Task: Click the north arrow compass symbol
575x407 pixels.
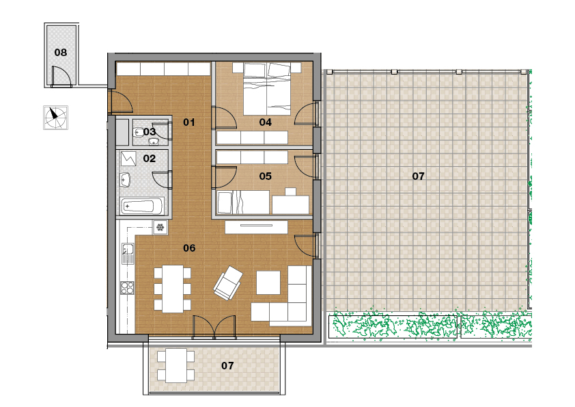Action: [55, 118]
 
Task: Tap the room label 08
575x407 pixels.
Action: [61, 53]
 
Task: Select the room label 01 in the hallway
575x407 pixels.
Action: [189, 122]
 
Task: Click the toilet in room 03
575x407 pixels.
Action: [139, 131]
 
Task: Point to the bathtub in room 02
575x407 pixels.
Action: [142, 206]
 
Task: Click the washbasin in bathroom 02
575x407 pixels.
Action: [125, 180]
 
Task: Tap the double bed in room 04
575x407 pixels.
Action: [267, 89]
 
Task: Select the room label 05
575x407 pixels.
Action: [265, 176]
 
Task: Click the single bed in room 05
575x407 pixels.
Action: [243, 202]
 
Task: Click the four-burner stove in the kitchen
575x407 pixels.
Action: [127, 287]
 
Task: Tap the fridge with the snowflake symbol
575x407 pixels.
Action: [160, 227]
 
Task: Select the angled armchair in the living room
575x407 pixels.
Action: [228, 283]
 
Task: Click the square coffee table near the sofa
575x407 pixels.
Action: [268, 283]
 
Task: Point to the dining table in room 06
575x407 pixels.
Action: [173, 289]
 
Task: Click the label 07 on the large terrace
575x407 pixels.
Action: [418, 176]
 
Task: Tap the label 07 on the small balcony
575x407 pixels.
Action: [227, 366]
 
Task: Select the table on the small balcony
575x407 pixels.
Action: [176, 366]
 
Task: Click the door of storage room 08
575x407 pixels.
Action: [61, 77]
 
